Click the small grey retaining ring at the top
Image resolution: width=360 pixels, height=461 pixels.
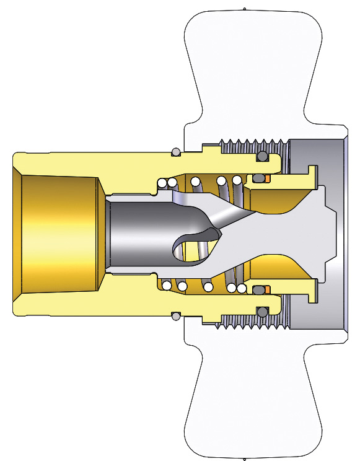tap(175, 152)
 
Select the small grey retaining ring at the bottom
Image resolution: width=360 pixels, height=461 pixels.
tap(175, 316)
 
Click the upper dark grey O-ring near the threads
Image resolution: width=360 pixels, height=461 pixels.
tap(263, 156)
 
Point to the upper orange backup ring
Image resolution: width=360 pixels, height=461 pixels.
tap(268, 179)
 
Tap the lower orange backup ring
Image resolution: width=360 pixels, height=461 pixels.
tap(268, 288)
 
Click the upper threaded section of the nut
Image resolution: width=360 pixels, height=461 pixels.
tap(248, 146)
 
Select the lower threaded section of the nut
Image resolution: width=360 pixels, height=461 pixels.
tap(248, 321)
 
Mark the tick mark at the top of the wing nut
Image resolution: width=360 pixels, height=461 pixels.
tap(245, 9)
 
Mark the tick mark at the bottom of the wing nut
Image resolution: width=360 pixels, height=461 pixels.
tap(245, 458)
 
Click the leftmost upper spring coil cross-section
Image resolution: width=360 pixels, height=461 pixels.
tap(162, 183)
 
